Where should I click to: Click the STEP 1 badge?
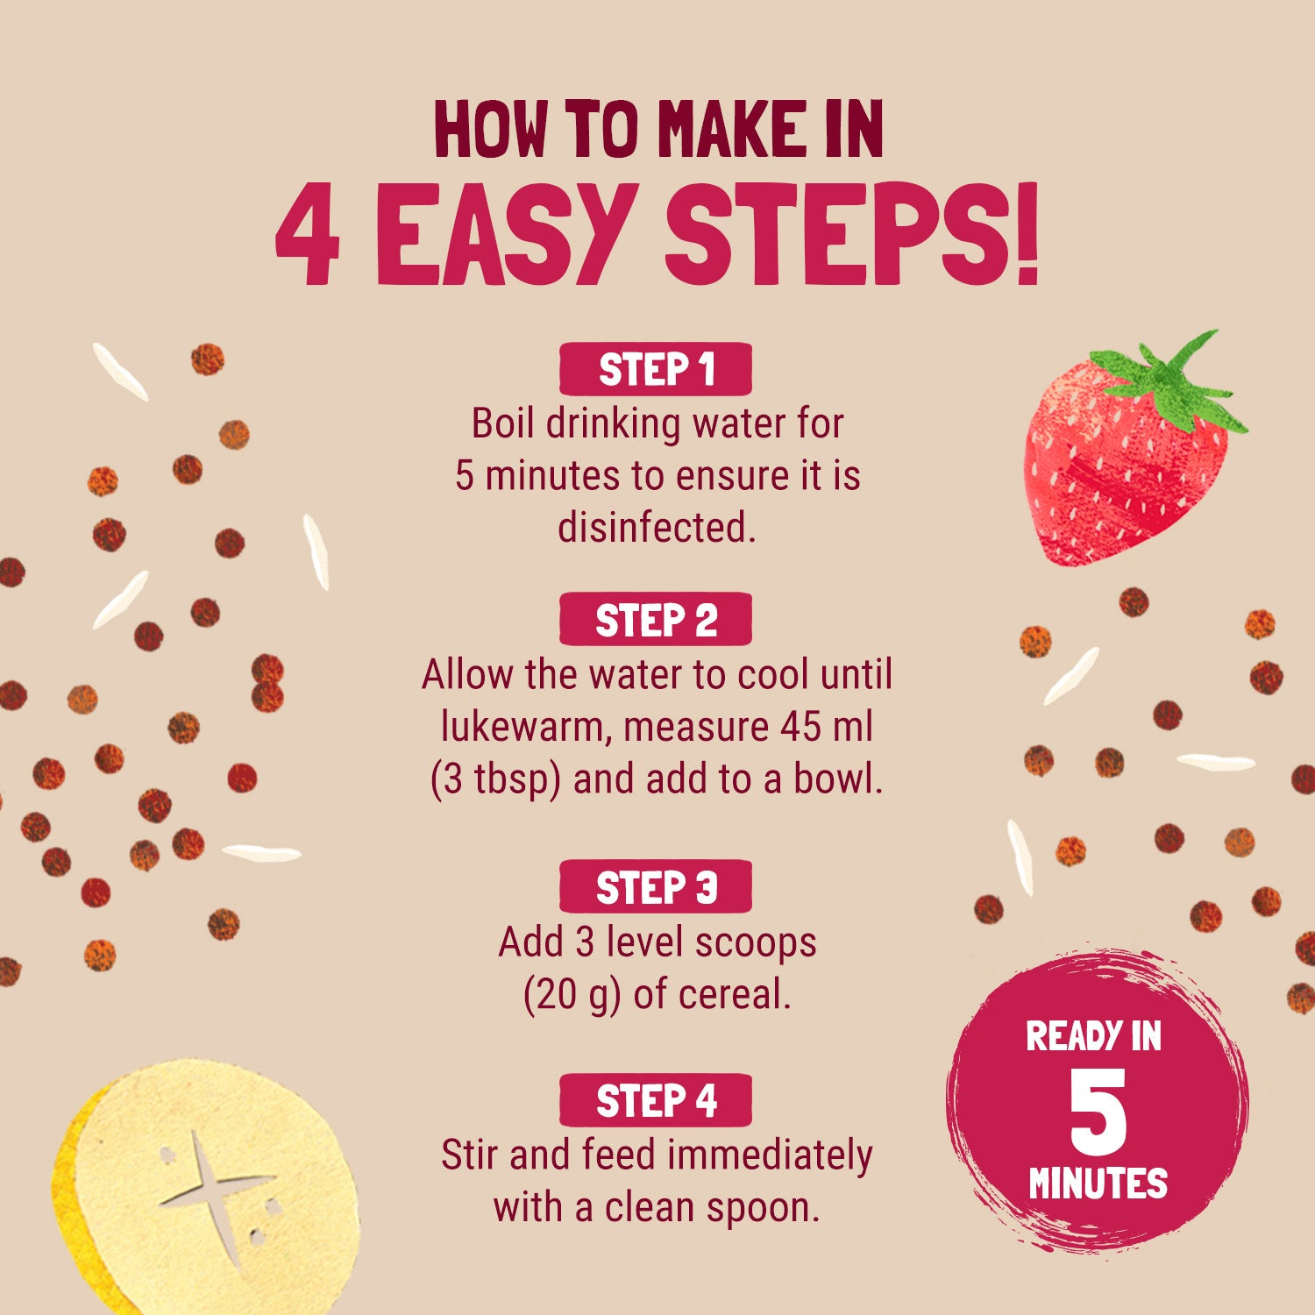[656, 369]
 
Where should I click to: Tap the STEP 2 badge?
[656, 620]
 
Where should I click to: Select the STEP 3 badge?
[656, 887]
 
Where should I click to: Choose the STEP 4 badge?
[656, 1100]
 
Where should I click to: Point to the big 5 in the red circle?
[1098, 1112]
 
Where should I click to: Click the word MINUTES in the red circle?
[1098, 1183]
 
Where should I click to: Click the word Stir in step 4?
[470, 1155]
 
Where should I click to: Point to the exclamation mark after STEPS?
[1026, 235]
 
